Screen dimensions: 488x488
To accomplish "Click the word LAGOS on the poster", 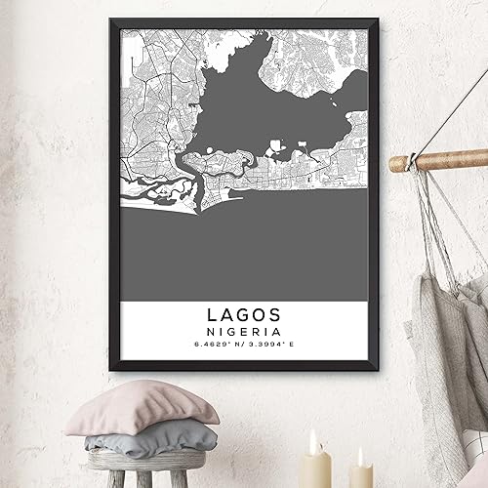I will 244,315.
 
